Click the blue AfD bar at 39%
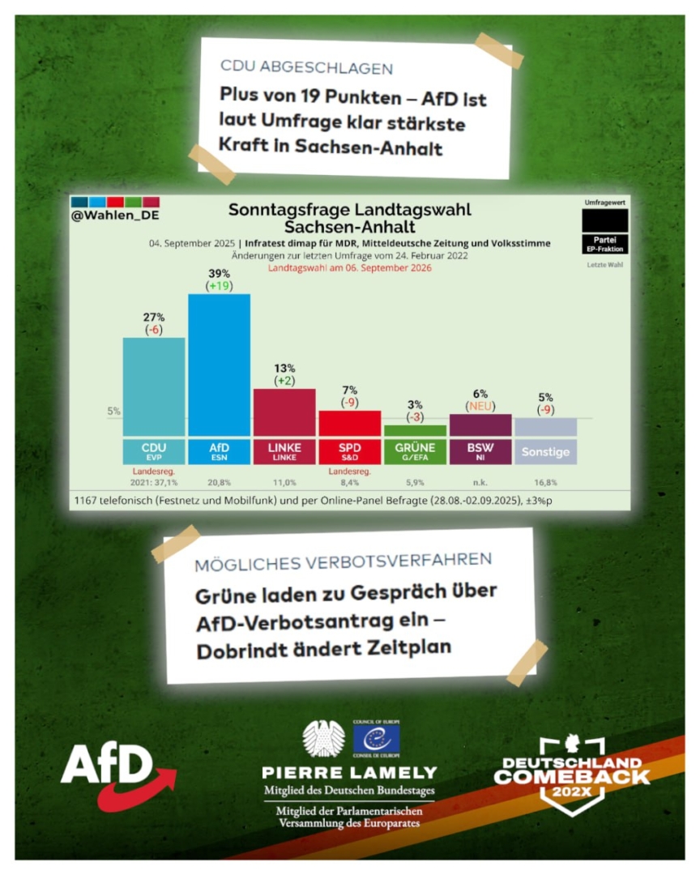point(219,365)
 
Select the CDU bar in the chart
point(153,387)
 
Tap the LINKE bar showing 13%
point(284,412)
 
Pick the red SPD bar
point(349,424)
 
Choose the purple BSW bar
point(480,425)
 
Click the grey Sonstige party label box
point(545,452)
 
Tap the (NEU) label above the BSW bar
point(480,405)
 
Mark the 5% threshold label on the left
point(114,411)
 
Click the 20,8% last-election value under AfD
point(220,482)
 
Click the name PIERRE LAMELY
point(349,773)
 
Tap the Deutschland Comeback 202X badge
point(572,775)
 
